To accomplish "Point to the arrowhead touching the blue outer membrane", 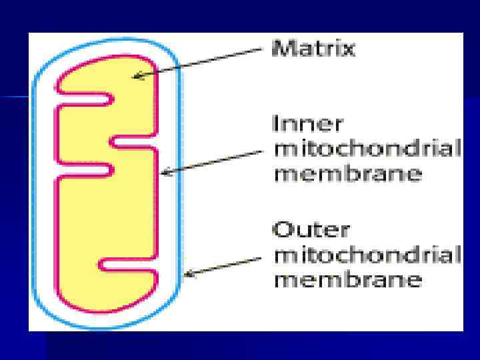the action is [x=187, y=273].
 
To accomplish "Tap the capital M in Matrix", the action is [x=280, y=49].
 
